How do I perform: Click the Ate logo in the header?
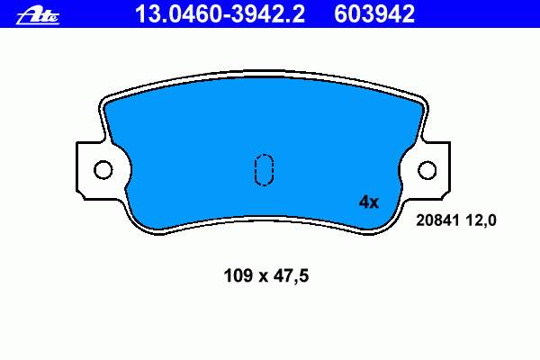tap(38, 16)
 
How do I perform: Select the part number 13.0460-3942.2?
tap(220, 14)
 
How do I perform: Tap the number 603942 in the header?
tap(374, 14)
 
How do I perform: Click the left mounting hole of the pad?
tap(103, 170)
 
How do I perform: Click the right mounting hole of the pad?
tap(427, 170)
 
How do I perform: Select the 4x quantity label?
tap(369, 202)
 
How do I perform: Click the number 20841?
tap(437, 220)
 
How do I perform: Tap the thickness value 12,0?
tap(481, 220)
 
